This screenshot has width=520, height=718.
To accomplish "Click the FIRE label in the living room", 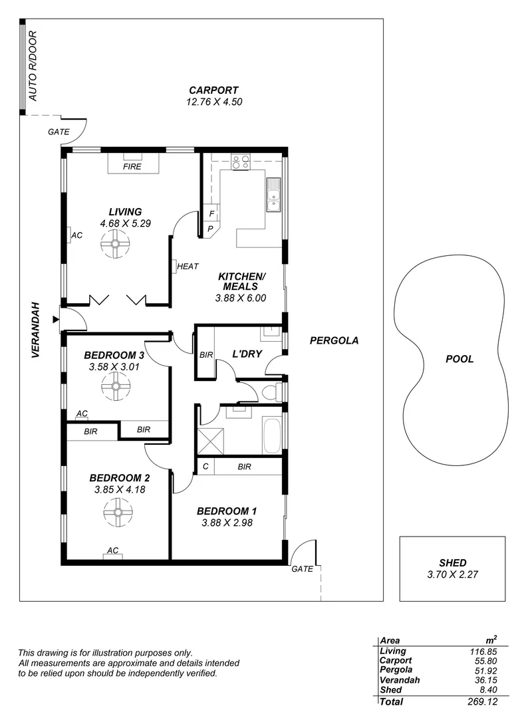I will click(x=132, y=167).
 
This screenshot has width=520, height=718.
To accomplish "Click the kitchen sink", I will click(x=273, y=195).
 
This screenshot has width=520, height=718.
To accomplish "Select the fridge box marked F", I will click(x=211, y=214).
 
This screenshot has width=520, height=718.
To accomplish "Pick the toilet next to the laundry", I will click(x=271, y=392).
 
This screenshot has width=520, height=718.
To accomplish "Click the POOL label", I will click(x=459, y=359).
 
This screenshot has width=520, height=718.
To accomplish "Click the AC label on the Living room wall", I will click(x=77, y=235).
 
